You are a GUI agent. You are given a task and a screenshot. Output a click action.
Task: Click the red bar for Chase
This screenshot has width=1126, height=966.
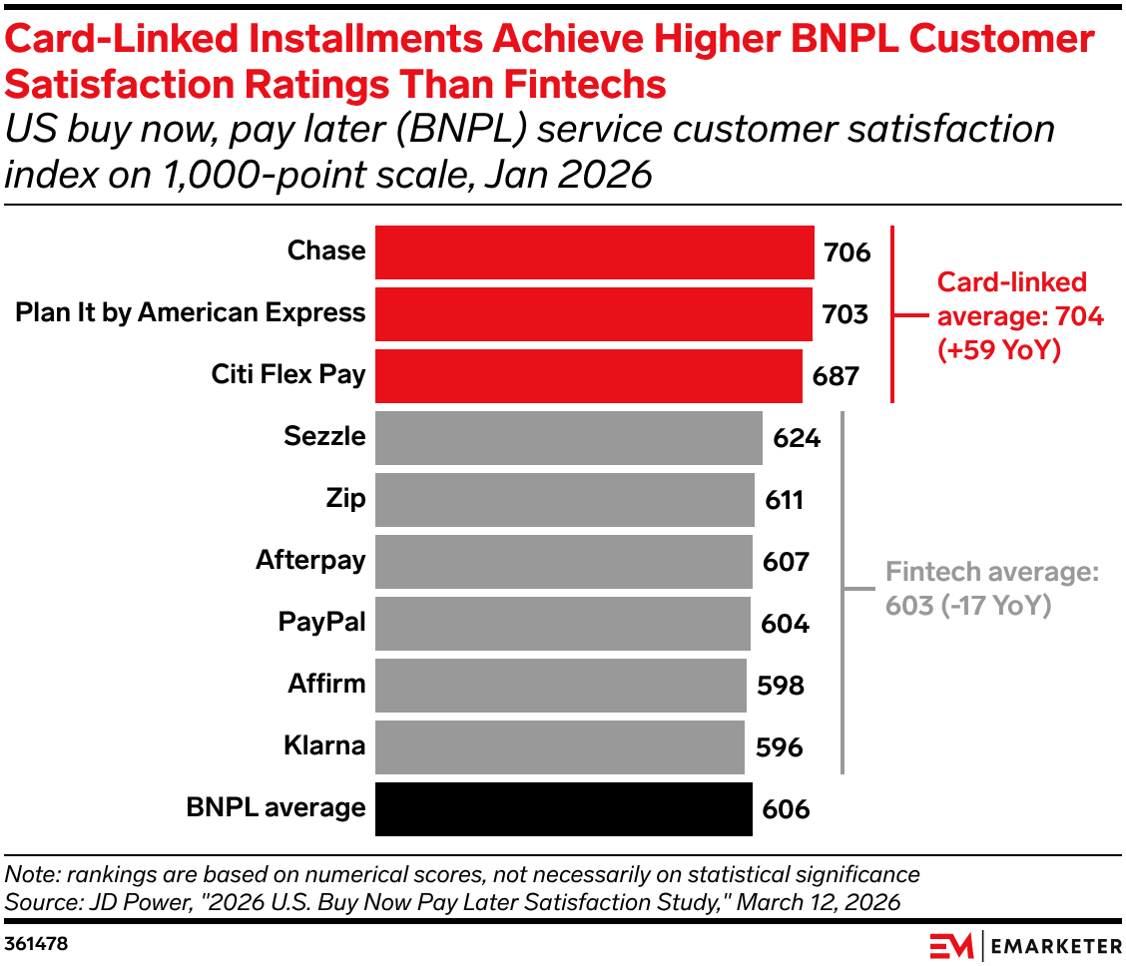point(594,251)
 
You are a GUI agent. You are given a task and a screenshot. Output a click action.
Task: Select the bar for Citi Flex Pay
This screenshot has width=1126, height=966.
point(589,375)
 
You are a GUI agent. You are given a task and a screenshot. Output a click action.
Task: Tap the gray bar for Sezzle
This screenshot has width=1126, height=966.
point(569,437)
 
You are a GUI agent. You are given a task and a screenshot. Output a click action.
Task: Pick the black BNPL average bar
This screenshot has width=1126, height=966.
point(564,808)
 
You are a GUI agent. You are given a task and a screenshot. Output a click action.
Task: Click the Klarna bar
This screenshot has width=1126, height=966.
point(560,746)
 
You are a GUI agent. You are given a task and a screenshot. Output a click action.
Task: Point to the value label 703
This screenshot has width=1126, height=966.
point(844,314)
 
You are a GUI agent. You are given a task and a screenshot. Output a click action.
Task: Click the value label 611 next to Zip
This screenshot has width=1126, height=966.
point(785,500)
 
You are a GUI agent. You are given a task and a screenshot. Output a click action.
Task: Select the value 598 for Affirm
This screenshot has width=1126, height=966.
point(781,686)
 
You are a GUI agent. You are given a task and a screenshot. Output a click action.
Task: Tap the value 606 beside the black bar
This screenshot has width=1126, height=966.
point(786,809)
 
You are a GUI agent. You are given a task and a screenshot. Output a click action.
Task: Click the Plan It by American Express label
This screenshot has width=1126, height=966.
point(191,313)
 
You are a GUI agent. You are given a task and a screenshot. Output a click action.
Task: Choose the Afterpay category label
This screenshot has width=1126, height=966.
point(310,561)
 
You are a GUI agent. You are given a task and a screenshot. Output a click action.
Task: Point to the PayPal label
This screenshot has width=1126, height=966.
point(321,623)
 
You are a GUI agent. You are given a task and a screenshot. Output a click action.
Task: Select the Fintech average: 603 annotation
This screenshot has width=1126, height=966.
point(991,589)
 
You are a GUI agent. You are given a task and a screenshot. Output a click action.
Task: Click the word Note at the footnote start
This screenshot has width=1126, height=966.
point(30,875)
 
